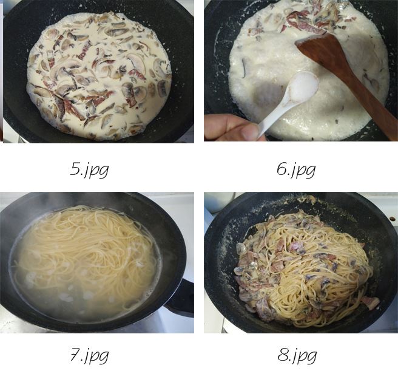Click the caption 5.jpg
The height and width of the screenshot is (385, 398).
[x=89, y=169]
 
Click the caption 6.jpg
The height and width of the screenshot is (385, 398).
[x=296, y=169]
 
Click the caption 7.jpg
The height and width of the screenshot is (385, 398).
[x=89, y=355]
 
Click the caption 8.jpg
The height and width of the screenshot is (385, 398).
[x=297, y=355]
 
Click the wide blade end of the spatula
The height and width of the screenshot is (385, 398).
[x=322, y=51]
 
